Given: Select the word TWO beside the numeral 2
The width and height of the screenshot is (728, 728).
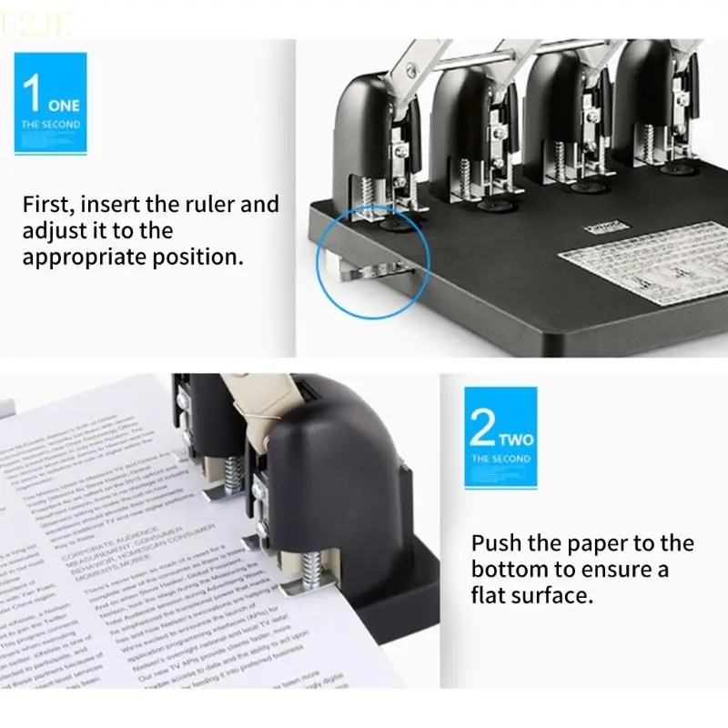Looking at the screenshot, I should tap(515, 440).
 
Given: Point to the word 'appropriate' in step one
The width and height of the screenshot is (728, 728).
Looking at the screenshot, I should tap(83, 257).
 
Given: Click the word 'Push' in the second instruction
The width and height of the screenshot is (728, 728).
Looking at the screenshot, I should tap(496, 543).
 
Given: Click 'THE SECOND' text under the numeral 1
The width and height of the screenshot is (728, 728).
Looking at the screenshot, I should tap(51, 124).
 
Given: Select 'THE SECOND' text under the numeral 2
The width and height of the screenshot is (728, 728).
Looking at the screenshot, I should tap(500, 459).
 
